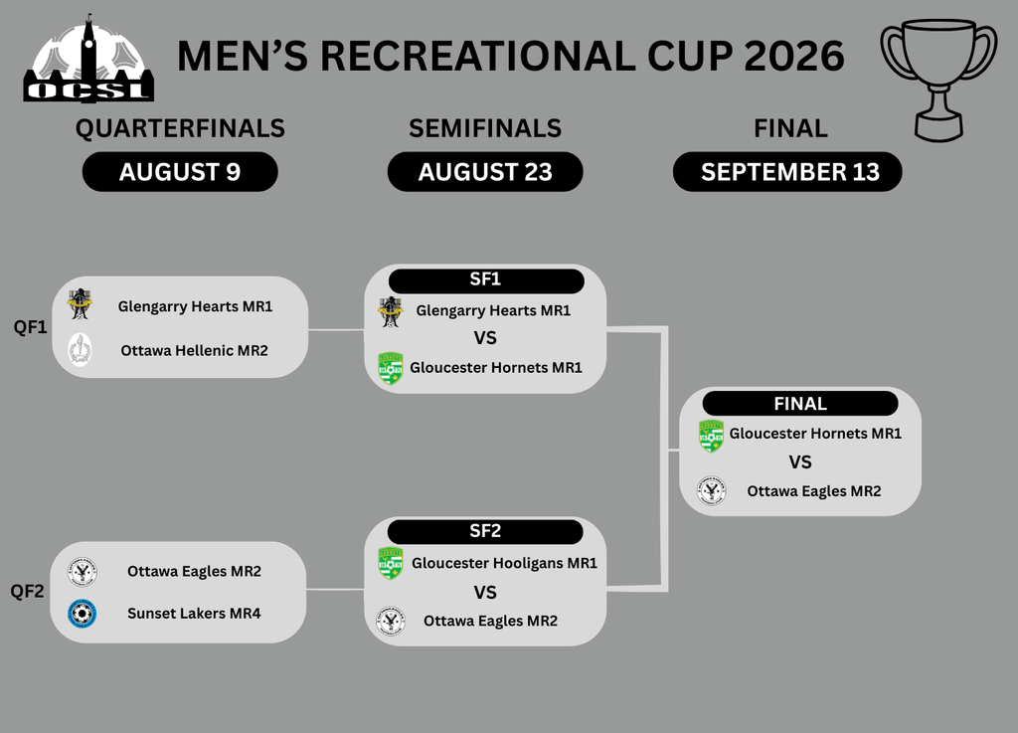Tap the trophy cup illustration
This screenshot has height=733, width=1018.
pos(938,80)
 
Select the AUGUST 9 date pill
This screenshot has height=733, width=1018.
pos(180,172)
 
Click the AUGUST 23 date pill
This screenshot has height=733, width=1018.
pos(485,172)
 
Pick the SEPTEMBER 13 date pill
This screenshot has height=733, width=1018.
pos(787,172)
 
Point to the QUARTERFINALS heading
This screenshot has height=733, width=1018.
pos(180,128)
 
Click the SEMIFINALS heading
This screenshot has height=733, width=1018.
pos(485,128)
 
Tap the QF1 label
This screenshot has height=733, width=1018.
pos(31,326)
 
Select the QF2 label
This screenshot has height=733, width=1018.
pos(27,591)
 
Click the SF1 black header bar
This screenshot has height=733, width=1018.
pos(486,280)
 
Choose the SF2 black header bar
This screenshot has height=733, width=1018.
pos(485,532)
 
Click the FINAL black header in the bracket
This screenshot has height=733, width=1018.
pos(800,403)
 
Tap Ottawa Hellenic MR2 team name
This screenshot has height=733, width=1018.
pos(194,351)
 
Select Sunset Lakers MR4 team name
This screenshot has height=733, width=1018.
pos(194,614)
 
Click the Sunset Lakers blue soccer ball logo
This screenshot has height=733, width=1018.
pos(83,614)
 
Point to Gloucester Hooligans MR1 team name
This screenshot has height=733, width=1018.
pos(504,563)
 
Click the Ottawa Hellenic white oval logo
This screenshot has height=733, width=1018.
pos(80,350)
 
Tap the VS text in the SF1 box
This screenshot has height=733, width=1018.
pos(485,338)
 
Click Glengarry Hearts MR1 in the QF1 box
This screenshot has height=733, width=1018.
pos(195,306)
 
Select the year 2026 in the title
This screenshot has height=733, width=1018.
pos(794,56)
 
